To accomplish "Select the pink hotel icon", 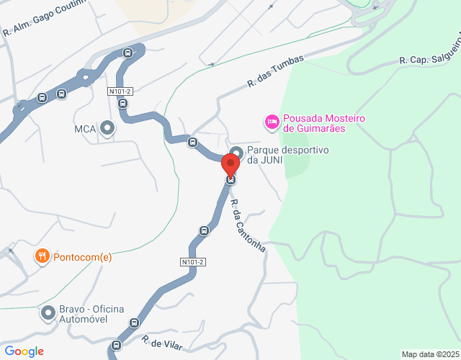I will click(x=272, y=122).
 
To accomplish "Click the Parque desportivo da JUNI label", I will click(x=287, y=155).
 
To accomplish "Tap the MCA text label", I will click(x=85, y=130).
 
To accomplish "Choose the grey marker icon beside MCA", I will click(x=108, y=129).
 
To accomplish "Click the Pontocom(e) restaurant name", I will click(x=82, y=256).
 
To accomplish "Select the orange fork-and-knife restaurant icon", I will click(x=42, y=256).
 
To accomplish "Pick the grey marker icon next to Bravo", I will click(x=48, y=313).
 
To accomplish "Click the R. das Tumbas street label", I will click(x=275, y=71).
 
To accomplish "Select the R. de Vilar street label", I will click(x=162, y=343).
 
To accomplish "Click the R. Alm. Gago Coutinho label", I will click(x=44, y=18).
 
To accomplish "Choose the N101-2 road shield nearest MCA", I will click(x=120, y=91).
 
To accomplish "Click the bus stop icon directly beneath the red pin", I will click(x=231, y=179).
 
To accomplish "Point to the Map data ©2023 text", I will click(x=430, y=354).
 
